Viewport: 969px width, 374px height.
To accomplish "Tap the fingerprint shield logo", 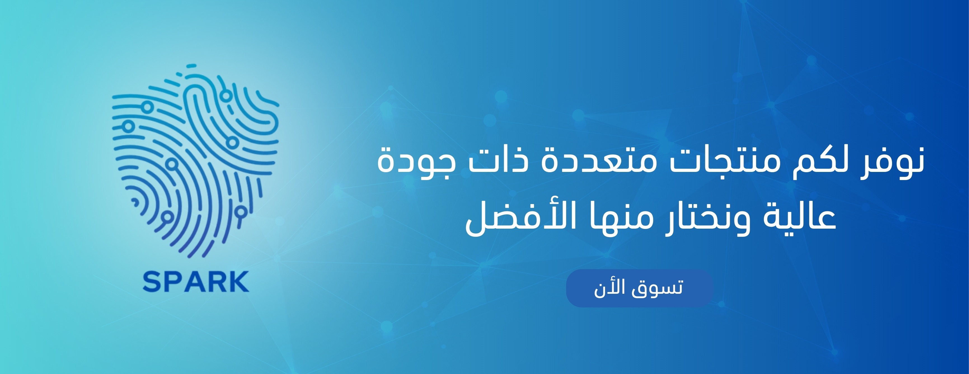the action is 196,162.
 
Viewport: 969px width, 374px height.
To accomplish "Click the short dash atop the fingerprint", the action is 191,66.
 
